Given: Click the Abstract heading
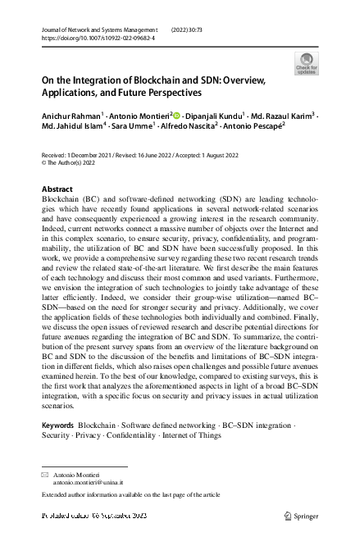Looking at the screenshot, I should [57, 189].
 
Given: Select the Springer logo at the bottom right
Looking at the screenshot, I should [302, 516].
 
